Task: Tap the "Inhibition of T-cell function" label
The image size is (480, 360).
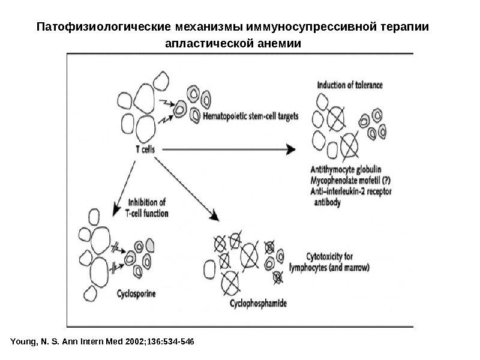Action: coord(148,208)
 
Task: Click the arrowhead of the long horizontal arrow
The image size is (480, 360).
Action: coord(292,149)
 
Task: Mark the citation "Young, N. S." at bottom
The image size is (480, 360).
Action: coord(35,342)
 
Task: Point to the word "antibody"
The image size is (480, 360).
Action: coord(328,203)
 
